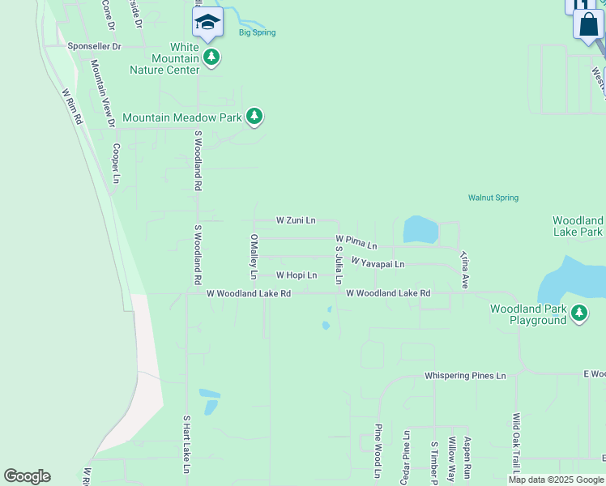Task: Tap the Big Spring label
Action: click(x=257, y=32)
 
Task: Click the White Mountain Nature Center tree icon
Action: click(x=211, y=57)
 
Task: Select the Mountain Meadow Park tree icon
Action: click(x=254, y=117)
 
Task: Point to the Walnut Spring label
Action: click(x=493, y=198)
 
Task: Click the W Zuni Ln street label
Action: click(x=295, y=220)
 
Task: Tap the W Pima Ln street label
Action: click(x=356, y=242)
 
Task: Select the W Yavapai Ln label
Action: click(x=377, y=264)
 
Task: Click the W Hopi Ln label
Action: click(x=296, y=275)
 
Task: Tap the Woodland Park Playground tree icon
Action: click(x=578, y=313)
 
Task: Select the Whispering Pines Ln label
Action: click(x=465, y=377)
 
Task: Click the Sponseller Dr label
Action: click(x=94, y=47)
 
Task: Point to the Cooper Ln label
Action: click(x=117, y=162)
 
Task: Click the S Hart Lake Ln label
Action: click(x=186, y=444)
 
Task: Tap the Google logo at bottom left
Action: click(x=27, y=476)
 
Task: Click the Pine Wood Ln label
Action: click(x=378, y=450)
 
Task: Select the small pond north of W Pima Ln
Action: click(x=420, y=229)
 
